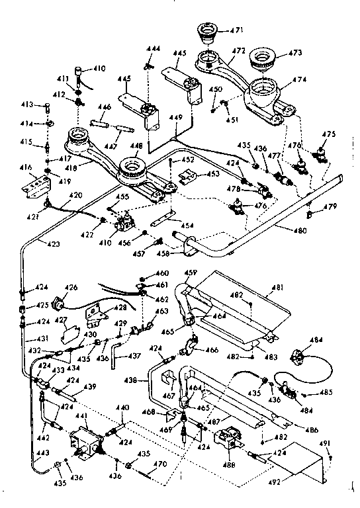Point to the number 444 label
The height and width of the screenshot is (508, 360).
pyautogui.click(x=154, y=50)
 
